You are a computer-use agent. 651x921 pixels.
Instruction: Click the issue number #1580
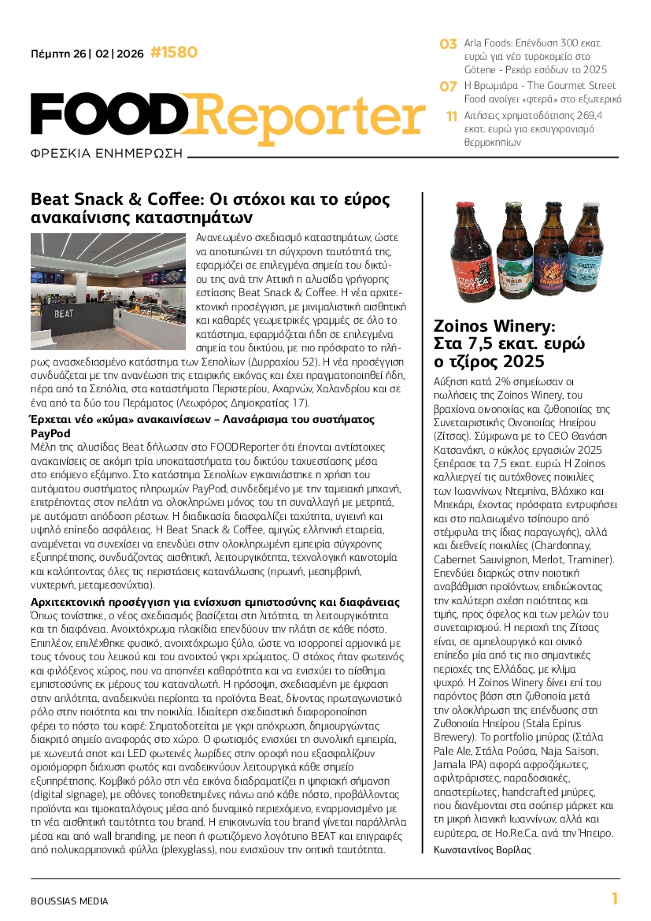tap(173, 53)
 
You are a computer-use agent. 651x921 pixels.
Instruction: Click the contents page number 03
tap(448, 44)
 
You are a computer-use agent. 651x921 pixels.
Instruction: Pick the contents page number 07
tap(448, 86)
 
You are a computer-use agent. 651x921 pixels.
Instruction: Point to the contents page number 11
tap(451, 116)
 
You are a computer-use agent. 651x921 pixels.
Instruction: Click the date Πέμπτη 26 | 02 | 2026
tap(87, 54)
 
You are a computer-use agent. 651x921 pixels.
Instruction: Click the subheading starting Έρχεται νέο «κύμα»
tap(202, 425)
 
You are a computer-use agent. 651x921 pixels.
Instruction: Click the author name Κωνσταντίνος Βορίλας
tap(482, 849)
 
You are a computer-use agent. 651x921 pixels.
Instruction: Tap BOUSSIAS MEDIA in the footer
tap(69, 901)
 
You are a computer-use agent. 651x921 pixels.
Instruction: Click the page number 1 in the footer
tap(614, 899)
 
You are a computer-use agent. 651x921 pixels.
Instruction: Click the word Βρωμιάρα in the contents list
tap(506, 85)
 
